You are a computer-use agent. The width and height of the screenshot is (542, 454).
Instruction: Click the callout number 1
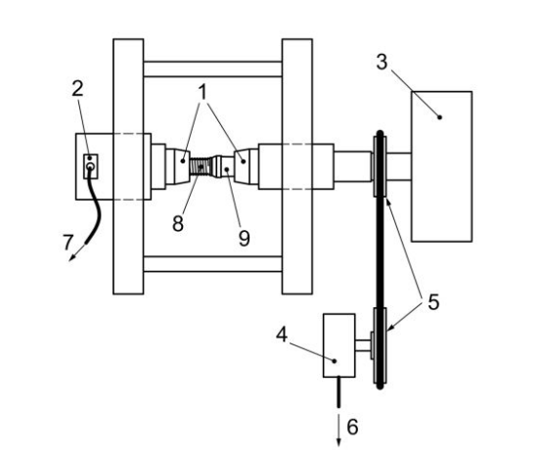pos(203,92)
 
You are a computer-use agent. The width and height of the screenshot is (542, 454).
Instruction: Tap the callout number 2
pos(77,88)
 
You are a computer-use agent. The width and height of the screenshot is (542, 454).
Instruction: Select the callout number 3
pos(382,63)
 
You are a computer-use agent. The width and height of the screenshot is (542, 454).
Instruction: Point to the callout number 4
pos(282,335)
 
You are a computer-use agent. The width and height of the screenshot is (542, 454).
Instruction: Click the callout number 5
pos(433,302)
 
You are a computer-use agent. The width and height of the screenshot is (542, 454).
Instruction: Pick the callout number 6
pos(352,427)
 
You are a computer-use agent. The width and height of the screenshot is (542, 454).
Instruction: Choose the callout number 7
pos(68,242)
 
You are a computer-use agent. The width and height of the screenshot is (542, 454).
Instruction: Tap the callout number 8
pos(178,223)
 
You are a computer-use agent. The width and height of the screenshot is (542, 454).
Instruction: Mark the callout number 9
pos(244,238)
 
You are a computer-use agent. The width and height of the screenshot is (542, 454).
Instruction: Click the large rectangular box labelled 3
pos(442,166)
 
